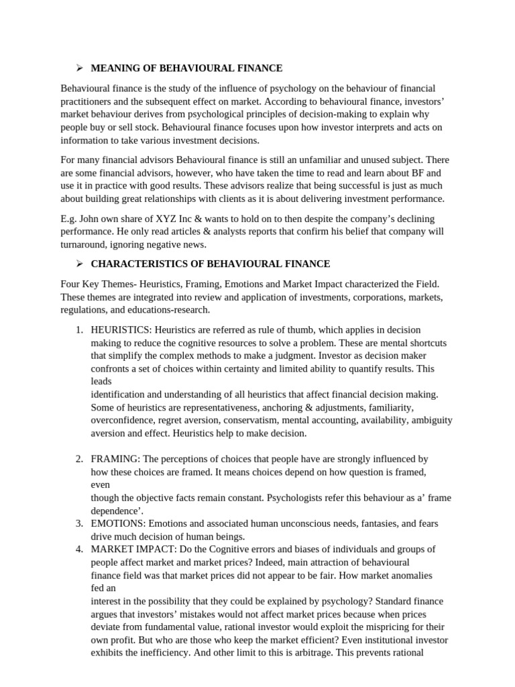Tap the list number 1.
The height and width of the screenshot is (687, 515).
(x=78, y=330)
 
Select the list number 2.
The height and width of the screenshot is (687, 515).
(x=78, y=460)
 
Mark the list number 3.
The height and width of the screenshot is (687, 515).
(x=78, y=523)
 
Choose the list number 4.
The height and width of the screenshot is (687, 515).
(x=78, y=549)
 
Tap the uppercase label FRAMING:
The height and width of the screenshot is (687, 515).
(x=115, y=460)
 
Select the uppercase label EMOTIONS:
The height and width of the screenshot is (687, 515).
(x=118, y=523)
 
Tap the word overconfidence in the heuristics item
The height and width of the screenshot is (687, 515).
(x=123, y=420)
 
